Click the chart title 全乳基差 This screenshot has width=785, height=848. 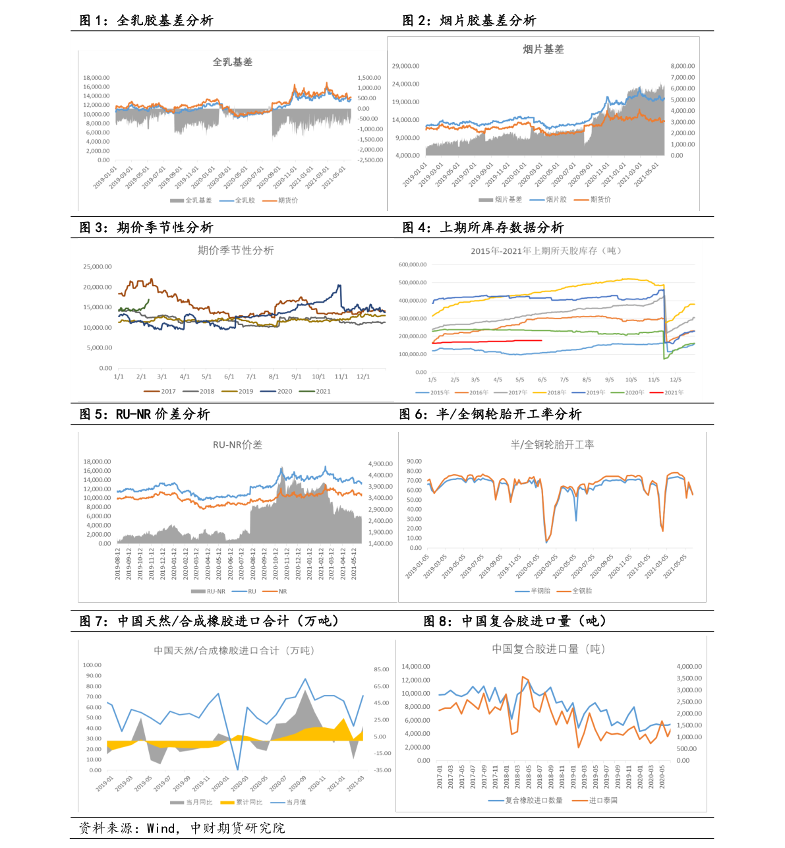(232, 62)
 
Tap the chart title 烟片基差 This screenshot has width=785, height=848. (543, 49)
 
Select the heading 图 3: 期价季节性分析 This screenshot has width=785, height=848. (146, 228)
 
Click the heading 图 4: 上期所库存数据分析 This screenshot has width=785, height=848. (482, 228)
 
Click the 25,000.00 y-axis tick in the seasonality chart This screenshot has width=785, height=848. (98, 267)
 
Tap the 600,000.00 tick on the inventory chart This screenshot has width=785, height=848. (413, 264)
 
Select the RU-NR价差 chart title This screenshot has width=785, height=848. (237, 445)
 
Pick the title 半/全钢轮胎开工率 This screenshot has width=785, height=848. (552, 445)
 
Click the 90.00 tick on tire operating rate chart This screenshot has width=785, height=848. (414, 462)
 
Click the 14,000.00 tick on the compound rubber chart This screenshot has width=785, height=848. (415, 667)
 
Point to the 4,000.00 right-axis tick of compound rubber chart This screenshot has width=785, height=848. (689, 667)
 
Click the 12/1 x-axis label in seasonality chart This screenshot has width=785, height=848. (363, 377)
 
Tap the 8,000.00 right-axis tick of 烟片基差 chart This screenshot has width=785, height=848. (682, 66)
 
